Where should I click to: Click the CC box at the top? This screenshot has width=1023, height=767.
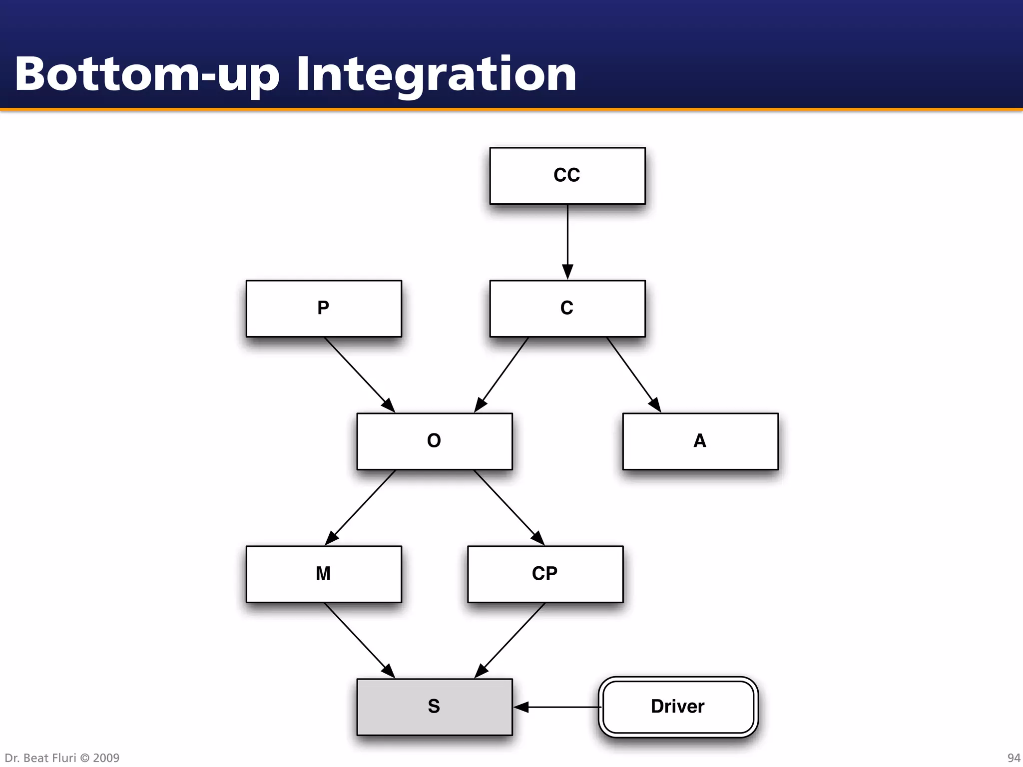click(x=567, y=176)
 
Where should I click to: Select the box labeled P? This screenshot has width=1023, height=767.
click(x=324, y=309)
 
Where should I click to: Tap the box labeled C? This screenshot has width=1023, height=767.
click(x=567, y=309)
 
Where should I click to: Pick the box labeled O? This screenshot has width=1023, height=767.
click(x=434, y=441)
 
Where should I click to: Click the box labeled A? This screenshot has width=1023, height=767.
click(x=700, y=441)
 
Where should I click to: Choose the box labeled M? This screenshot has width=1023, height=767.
click(x=324, y=574)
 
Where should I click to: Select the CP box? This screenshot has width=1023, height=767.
click(x=545, y=574)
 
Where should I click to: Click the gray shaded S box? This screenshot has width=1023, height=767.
click(x=434, y=707)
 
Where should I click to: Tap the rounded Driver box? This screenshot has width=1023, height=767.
click(x=678, y=707)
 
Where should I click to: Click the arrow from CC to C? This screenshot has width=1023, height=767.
click(x=567, y=240)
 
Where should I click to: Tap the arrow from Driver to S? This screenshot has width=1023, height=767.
click(x=557, y=707)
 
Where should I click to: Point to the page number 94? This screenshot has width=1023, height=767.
click(x=1014, y=758)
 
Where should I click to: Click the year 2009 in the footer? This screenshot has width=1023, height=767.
click(x=106, y=758)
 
